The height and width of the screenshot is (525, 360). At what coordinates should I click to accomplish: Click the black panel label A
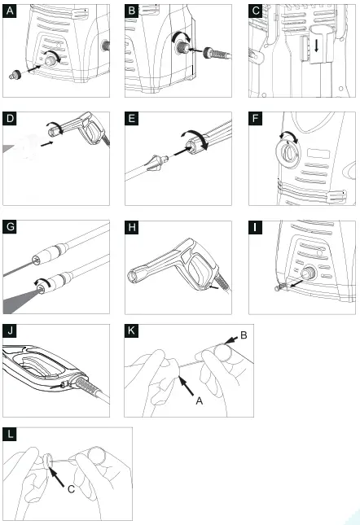click(10, 11)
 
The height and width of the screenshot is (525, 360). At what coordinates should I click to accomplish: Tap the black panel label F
click(256, 119)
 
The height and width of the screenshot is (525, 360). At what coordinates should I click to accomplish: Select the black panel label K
click(131, 330)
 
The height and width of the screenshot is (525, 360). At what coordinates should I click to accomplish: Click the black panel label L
click(10, 435)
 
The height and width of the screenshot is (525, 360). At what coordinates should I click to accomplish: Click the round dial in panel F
click(288, 153)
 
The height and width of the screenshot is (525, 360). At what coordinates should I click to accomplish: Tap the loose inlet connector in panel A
click(15, 75)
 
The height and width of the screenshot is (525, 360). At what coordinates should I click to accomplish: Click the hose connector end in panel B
click(217, 54)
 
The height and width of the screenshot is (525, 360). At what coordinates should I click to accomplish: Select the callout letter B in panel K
click(244, 335)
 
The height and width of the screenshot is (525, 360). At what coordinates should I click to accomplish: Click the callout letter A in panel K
click(199, 400)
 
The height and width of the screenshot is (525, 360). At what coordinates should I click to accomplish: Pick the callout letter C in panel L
click(71, 489)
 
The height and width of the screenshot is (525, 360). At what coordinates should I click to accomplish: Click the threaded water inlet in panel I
click(308, 273)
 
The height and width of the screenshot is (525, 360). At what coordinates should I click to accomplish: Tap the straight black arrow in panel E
click(181, 151)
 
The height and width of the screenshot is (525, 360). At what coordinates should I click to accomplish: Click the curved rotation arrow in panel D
click(56, 127)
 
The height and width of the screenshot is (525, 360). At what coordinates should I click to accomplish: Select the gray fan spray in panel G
click(20, 300)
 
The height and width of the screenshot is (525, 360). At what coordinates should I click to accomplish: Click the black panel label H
click(132, 227)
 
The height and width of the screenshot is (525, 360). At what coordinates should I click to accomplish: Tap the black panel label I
click(256, 227)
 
